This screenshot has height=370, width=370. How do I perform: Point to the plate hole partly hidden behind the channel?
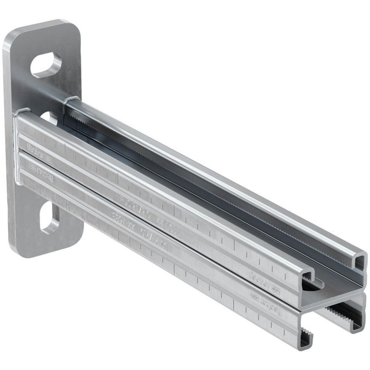[x=50, y=118]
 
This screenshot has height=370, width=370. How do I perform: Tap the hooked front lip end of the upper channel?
[x=308, y=275]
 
